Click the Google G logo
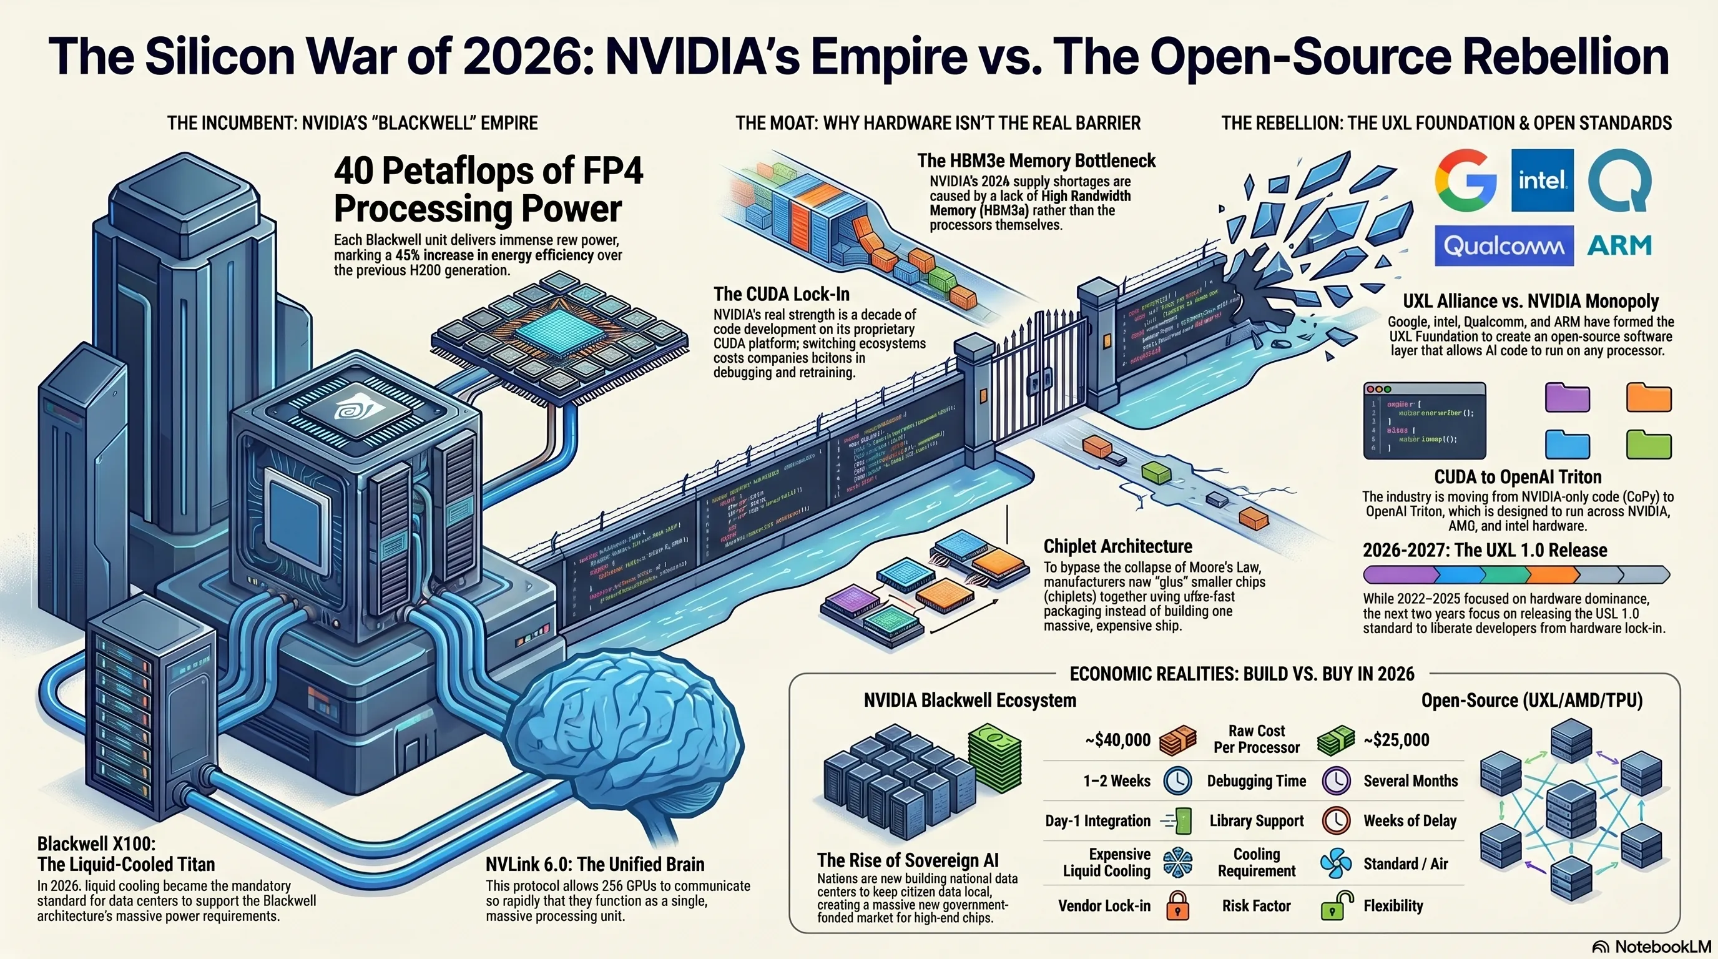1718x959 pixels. [x=1465, y=180]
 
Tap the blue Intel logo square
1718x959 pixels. [x=1542, y=180]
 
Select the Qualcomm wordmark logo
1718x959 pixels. [x=1504, y=246]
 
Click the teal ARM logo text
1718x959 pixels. [x=1619, y=246]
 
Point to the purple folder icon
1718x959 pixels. [x=1568, y=398]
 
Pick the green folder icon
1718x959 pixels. [x=1649, y=444]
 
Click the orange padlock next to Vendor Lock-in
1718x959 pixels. [x=1178, y=906]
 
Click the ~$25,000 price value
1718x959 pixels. [x=1396, y=740]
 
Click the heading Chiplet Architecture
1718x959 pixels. [x=1118, y=546]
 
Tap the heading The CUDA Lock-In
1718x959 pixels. [x=781, y=294]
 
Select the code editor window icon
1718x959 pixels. [x=1425, y=420]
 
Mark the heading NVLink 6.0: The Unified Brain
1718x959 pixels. [x=595, y=864]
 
